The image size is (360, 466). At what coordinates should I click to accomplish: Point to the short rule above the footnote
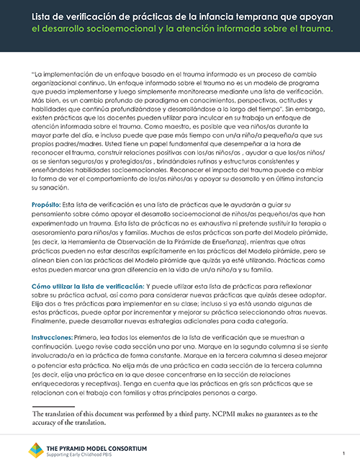(x=54, y=407)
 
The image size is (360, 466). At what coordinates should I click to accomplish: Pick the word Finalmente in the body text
(x=51, y=324)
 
